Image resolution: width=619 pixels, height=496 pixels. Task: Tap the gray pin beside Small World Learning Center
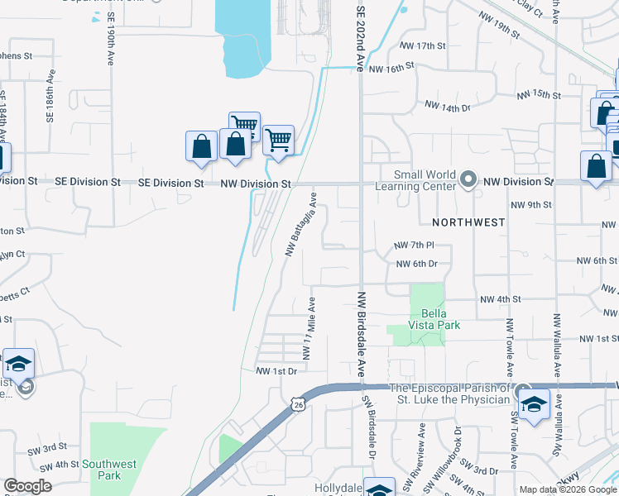tap(468, 179)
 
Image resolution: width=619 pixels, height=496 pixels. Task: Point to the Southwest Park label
tap(109, 470)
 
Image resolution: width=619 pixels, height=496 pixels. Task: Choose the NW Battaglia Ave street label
tap(302, 225)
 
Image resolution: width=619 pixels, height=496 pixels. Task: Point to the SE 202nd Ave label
tap(360, 39)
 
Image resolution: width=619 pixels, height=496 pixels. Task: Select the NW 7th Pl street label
tap(415, 246)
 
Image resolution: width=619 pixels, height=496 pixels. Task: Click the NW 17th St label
tap(416, 45)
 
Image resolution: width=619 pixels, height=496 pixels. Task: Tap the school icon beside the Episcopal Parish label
tap(535, 405)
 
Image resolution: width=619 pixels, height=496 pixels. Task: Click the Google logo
tap(27, 486)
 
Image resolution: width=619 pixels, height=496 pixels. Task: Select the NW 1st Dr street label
tap(276, 371)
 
